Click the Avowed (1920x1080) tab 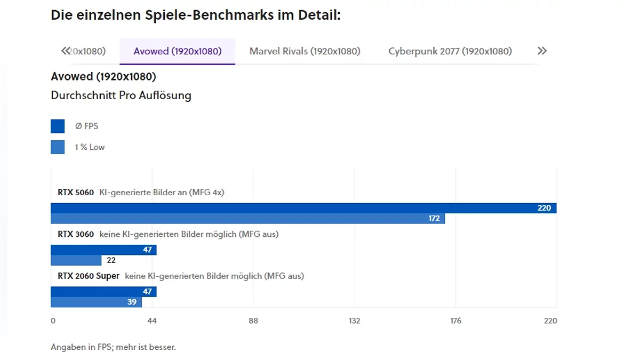(177, 51)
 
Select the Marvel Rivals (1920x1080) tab (305, 51)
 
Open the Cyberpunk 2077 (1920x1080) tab (450, 51)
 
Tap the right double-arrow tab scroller (542, 51)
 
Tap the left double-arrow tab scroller (66, 51)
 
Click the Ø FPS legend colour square (58, 126)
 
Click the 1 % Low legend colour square (58, 147)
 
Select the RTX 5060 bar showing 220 (303, 208)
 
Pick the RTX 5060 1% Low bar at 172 (247, 218)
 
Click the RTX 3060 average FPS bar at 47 (103, 250)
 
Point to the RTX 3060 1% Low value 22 (111, 260)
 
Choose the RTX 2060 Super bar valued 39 (96, 302)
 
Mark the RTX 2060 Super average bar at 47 (103, 292)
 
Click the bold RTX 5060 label (76, 192)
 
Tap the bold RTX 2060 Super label (89, 276)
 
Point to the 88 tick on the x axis (253, 321)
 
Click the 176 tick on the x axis (455, 321)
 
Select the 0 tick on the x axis (53, 321)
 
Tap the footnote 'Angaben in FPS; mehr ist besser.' (113, 347)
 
